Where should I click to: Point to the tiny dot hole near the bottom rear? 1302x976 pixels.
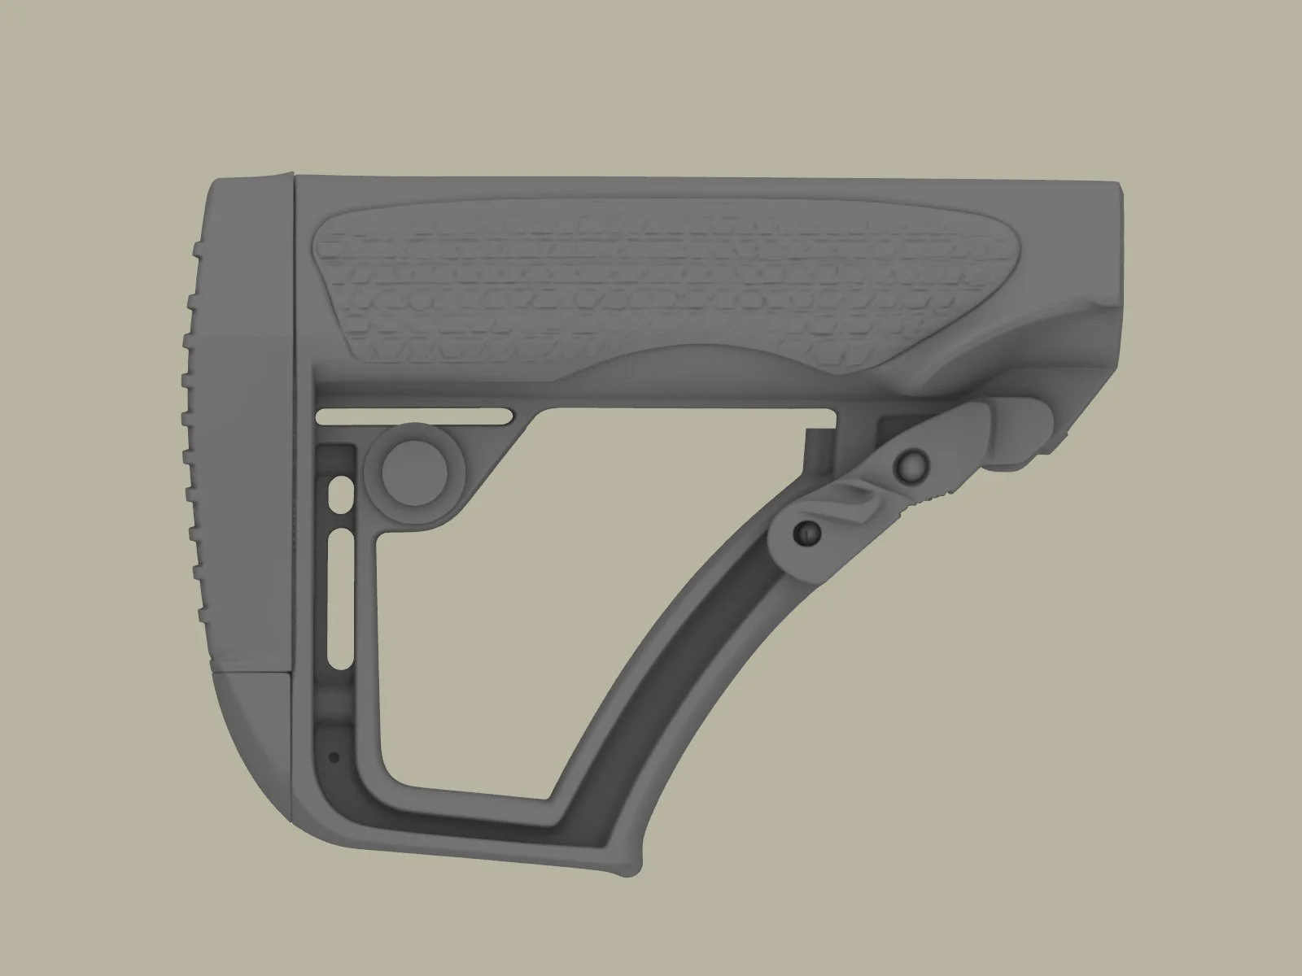pos(333,756)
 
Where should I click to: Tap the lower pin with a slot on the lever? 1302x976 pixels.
pos(807,533)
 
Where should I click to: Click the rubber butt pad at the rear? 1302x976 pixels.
pos(244,407)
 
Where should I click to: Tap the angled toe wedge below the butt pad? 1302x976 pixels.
pos(252,716)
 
